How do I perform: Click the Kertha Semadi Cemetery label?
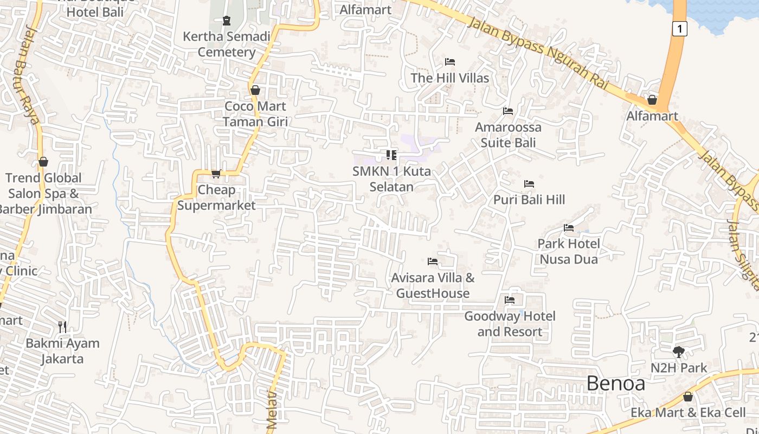226,44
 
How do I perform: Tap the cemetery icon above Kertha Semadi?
227,21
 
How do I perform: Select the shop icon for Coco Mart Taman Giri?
255,90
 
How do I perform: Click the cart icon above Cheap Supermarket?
216,174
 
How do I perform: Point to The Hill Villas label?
449,78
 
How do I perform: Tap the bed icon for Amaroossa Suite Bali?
508,111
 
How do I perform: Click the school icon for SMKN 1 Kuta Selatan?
391,155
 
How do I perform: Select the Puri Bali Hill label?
529,200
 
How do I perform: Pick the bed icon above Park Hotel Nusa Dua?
569,228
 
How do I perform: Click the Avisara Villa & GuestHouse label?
433,285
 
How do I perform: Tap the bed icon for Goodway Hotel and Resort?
510,300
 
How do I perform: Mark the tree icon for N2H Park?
678,352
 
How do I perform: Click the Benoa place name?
616,384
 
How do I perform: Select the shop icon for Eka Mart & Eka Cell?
688,397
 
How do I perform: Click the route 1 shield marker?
679,28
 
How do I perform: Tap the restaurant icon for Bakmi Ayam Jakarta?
62,327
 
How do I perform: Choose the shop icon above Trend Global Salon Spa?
43,162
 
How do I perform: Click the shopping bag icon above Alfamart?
652,100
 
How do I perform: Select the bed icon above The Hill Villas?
449,62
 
